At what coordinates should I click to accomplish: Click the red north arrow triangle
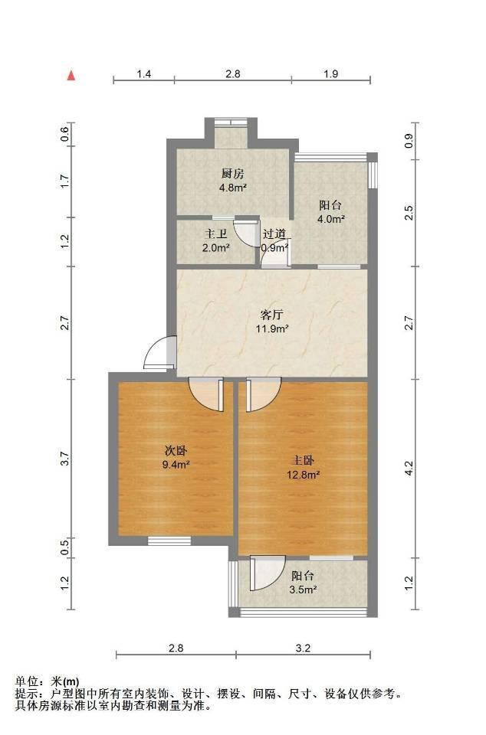(x=71, y=76)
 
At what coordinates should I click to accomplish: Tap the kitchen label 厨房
(x=233, y=174)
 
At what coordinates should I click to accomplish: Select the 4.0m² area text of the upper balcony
(x=331, y=218)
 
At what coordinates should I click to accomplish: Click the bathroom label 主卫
(x=216, y=234)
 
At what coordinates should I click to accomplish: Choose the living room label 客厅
(x=271, y=315)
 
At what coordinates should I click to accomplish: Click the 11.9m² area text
(x=271, y=328)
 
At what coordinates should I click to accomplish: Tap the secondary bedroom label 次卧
(x=176, y=451)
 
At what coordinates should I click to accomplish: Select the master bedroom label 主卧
(x=303, y=460)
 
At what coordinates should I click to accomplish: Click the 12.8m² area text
(x=303, y=475)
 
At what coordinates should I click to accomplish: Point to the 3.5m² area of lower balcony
(x=303, y=590)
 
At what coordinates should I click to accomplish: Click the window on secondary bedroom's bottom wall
(x=169, y=541)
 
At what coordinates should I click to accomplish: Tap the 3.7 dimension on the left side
(x=65, y=459)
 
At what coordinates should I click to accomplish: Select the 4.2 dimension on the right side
(x=409, y=469)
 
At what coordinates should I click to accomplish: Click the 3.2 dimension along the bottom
(x=303, y=648)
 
